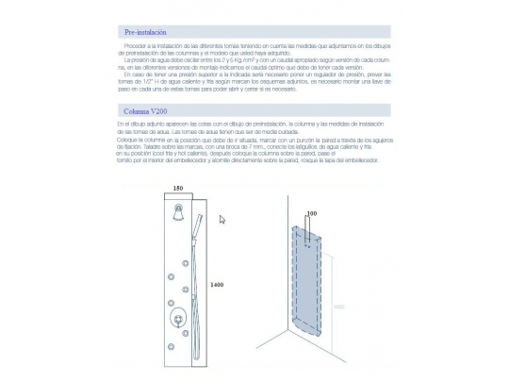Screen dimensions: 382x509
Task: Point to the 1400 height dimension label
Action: (216, 285)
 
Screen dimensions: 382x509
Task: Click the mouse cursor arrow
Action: (222, 220)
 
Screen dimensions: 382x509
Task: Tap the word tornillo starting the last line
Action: (127, 161)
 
